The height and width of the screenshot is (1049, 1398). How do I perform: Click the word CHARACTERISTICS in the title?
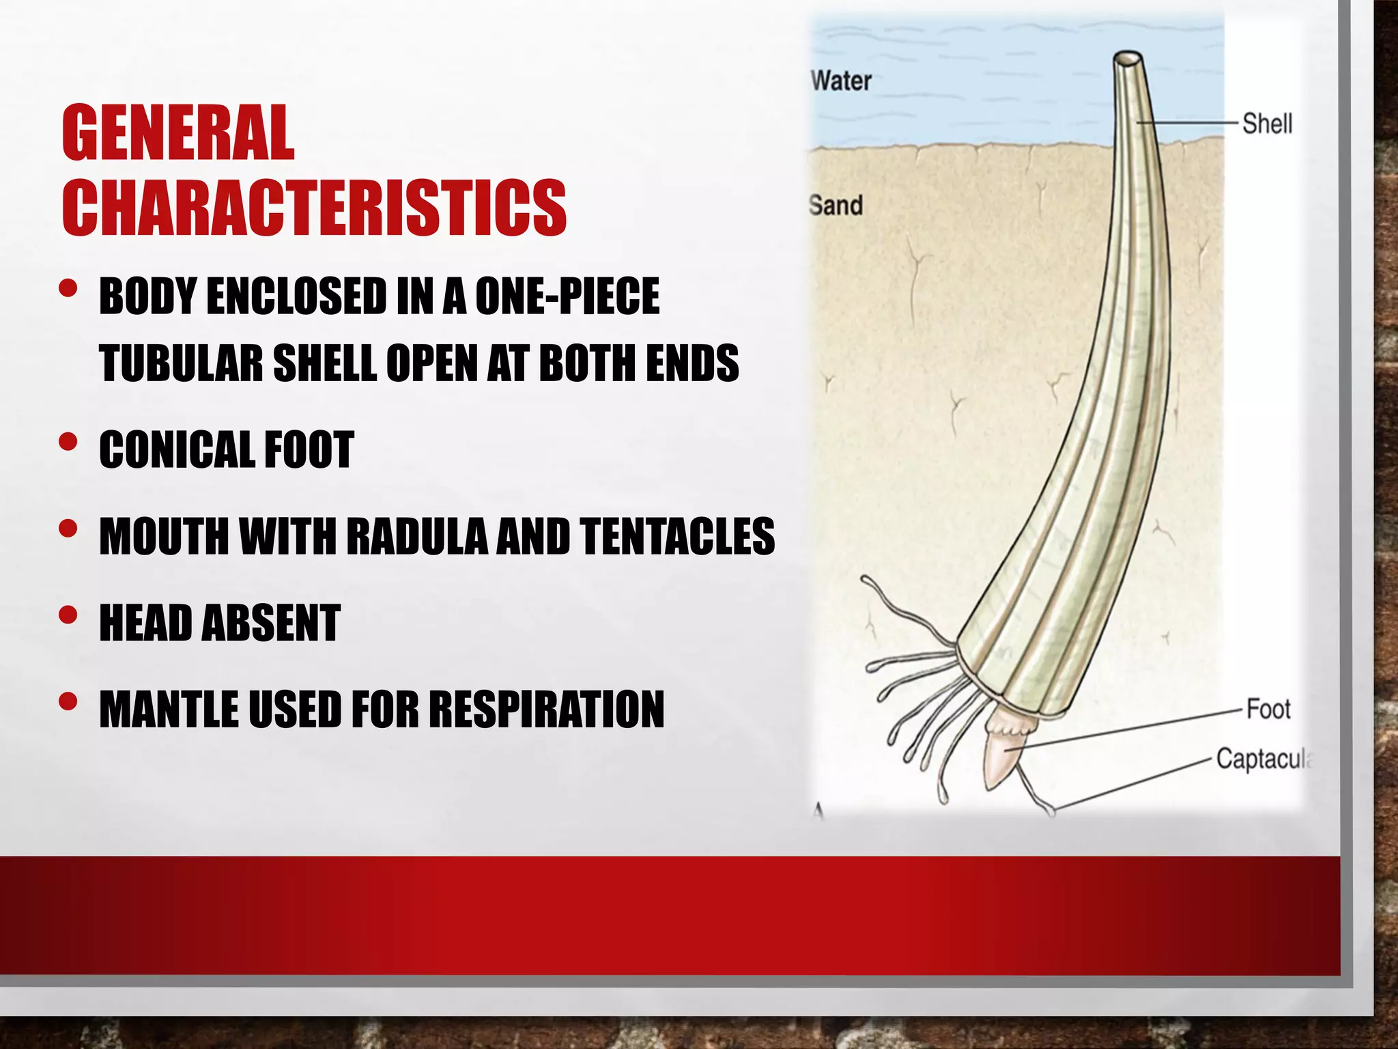[x=314, y=208]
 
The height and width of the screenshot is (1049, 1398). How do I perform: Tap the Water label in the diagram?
[x=841, y=81]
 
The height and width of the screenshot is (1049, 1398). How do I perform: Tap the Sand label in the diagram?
[x=836, y=205]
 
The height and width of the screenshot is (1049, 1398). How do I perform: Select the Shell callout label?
[x=1267, y=124]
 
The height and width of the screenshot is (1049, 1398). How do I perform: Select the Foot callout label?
[x=1268, y=710]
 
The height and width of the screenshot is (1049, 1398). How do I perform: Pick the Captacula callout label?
[x=1263, y=759]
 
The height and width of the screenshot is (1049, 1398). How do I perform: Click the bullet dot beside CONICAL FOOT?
[x=68, y=442]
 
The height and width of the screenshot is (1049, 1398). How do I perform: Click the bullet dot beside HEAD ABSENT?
[x=68, y=615]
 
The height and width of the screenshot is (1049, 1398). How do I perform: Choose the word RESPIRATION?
[x=546, y=710]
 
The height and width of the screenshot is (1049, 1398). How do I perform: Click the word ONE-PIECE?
[x=567, y=296]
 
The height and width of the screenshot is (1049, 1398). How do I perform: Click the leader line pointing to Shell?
[x=1188, y=123]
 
